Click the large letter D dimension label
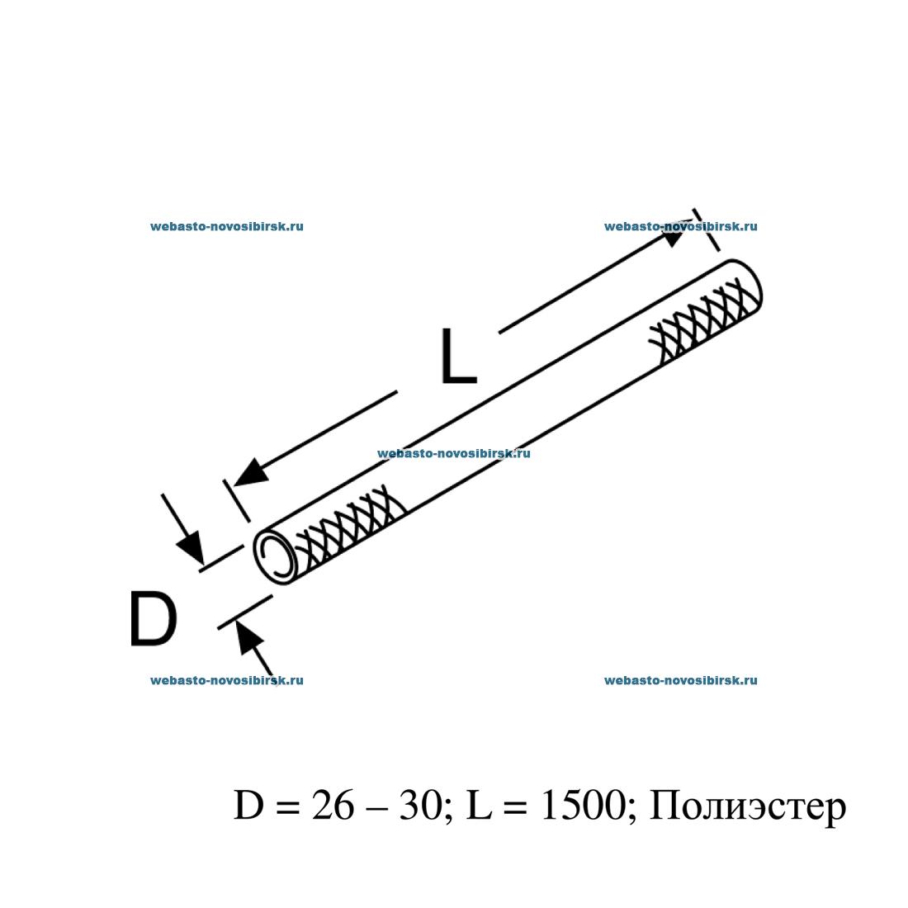(154, 620)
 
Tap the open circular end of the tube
(276, 556)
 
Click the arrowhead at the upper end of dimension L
(673, 237)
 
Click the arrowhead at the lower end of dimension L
(251, 473)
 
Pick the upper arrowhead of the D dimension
(189, 547)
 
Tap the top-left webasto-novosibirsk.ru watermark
(226, 226)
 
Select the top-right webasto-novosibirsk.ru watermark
(680, 226)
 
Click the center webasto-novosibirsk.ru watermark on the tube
(453, 453)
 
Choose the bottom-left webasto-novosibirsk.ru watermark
(226, 680)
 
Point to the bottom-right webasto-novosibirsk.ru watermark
(680, 680)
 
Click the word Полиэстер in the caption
(748, 806)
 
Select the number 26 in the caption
(330, 806)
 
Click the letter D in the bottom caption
(248, 806)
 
